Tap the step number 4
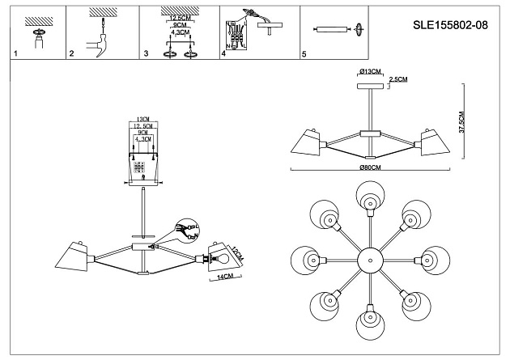(x=223, y=55)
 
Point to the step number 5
(x=304, y=55)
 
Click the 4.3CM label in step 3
(x=180, y=32)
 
